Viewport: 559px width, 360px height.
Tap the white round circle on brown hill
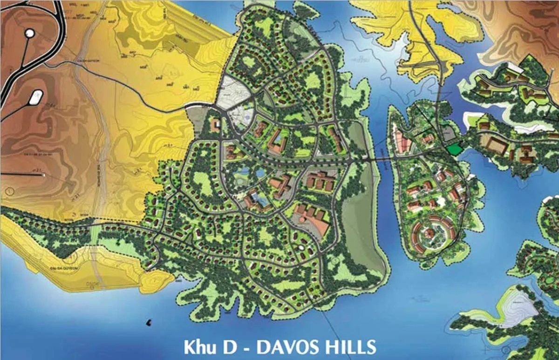(29, 33)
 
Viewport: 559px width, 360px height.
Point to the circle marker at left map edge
(9, 191)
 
